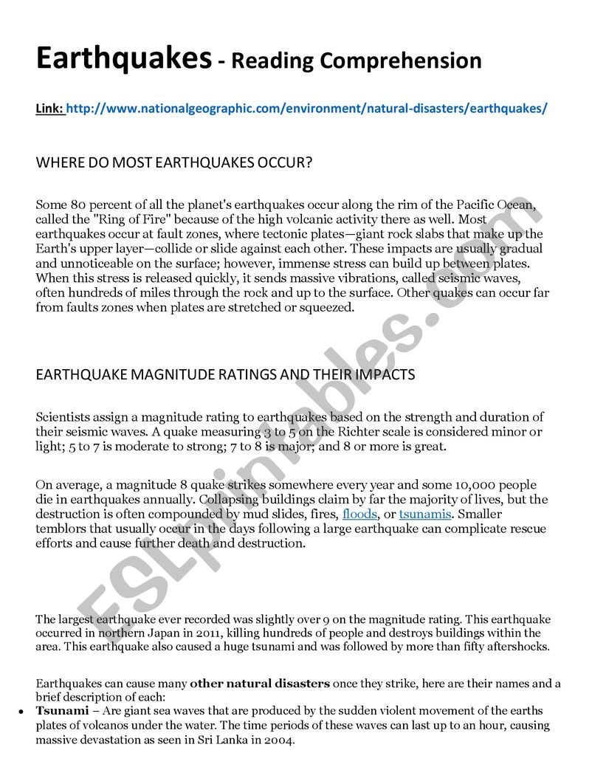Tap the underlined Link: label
click(x=49, y=109)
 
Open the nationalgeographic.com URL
click(x=307, y=109)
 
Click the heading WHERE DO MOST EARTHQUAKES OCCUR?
click(x=174, y=163)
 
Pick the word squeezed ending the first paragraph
click(x=329, y=308)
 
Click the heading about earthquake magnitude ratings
click(x=225, y=374)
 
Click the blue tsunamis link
click(x=425, y=515)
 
